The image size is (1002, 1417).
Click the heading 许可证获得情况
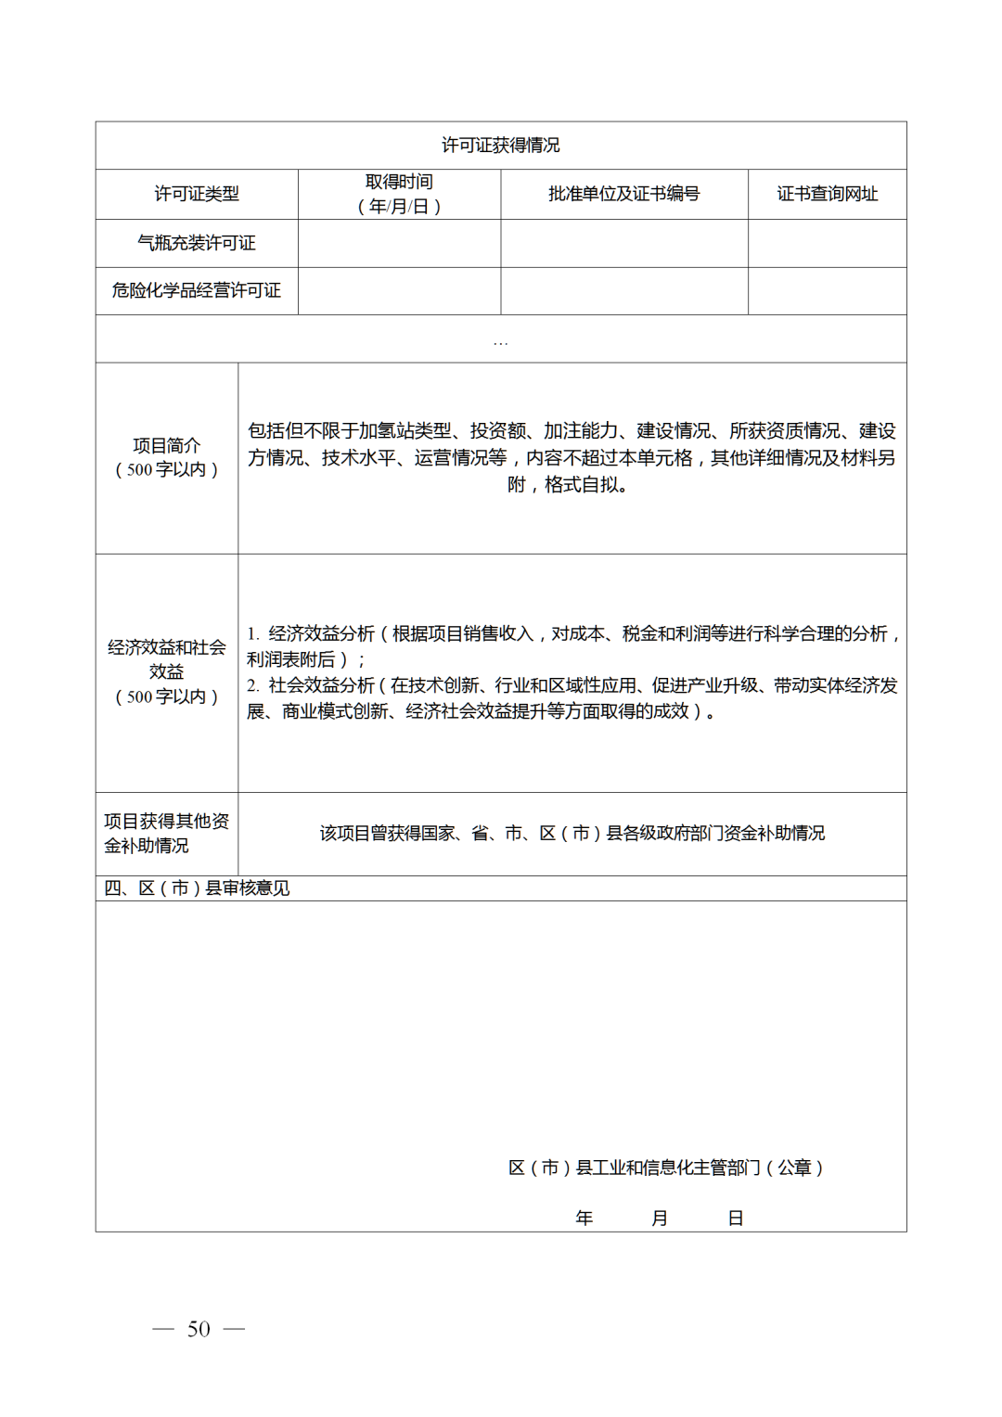[x=500, y=146]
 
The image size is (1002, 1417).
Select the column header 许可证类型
[x=196, y=194]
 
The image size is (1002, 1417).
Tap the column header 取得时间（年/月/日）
[x=399, y=194]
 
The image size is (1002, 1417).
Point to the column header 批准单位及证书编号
[x=623, y=194]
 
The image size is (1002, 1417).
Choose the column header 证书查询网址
[x=827, y=194]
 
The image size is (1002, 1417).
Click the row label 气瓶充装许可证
[x=196, y=243]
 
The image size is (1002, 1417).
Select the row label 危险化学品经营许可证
[x=196, y=290]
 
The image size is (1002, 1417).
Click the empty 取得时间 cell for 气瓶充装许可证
[x=399, y=243]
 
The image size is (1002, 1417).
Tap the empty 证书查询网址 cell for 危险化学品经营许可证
[x=827, y=290]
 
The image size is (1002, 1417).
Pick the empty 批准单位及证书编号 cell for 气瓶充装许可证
[x=623, y=243]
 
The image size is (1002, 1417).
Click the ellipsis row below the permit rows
[x=500, y=339]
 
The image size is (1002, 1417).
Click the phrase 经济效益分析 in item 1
[x=322, y=633]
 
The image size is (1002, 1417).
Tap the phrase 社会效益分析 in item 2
[x=321, y=685]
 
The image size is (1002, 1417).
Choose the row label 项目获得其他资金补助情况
[x=166, y=833]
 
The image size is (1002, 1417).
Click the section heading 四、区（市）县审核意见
[x=197, y=888]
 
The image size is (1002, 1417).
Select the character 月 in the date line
[x=659, y=1218]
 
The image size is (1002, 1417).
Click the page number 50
[x=199, y=1329]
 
